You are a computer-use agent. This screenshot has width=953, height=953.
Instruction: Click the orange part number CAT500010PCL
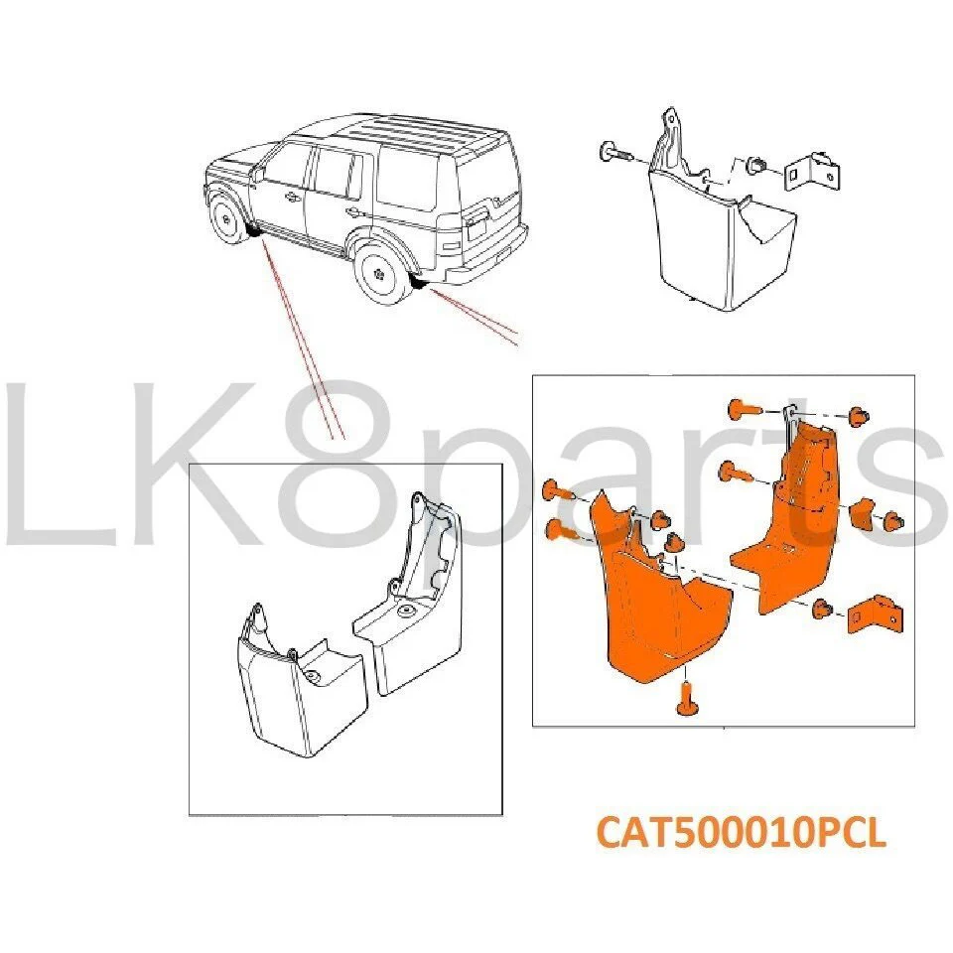tap(741, 832)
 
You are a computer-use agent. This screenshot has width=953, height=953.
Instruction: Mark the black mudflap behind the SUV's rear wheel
tap(419, 282)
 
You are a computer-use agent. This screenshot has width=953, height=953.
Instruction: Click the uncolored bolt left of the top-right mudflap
tap(615, 153)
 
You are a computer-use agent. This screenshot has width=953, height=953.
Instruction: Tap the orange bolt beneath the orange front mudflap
tap(685, 698)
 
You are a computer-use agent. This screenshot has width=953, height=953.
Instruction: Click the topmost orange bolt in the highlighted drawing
tap(743, 408)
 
